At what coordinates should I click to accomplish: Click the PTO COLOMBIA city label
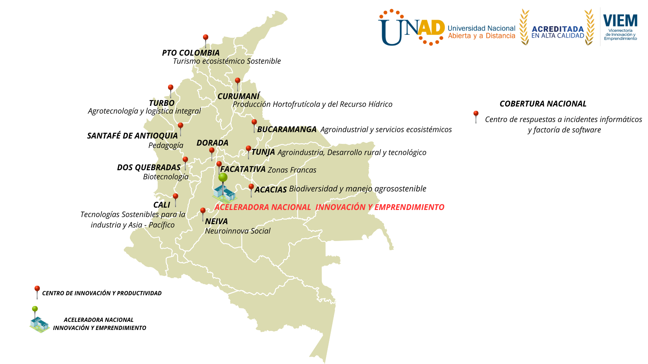(191, 53)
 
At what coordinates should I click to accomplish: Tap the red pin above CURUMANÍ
(238, 84)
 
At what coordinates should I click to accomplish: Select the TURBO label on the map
(162, 103)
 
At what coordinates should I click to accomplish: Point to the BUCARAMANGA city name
(287, 129)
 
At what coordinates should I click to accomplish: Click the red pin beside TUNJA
(248, 152)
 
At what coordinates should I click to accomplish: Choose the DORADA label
(213, 143)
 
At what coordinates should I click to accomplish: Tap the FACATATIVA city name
(243, 169)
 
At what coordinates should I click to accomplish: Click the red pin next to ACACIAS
(251, 190)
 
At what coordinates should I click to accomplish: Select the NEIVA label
(216, 221)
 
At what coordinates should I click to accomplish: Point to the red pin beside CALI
(175, 200)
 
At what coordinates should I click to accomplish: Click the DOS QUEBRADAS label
(149, 168)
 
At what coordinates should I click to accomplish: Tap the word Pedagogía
(166, 145)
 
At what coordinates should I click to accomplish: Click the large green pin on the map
(223, 182)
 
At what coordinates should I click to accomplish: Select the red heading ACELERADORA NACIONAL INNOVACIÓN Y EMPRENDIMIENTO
(329, 207)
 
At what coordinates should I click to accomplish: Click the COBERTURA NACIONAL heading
(543, 104)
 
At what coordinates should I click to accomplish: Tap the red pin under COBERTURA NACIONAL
(476, 117)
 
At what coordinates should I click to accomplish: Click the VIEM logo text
(620, 21)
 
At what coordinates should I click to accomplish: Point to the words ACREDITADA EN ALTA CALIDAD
(558, 32)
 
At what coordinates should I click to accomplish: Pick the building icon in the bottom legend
(39, 324)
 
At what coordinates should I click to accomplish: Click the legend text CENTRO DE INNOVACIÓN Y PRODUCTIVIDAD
(102, 293)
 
